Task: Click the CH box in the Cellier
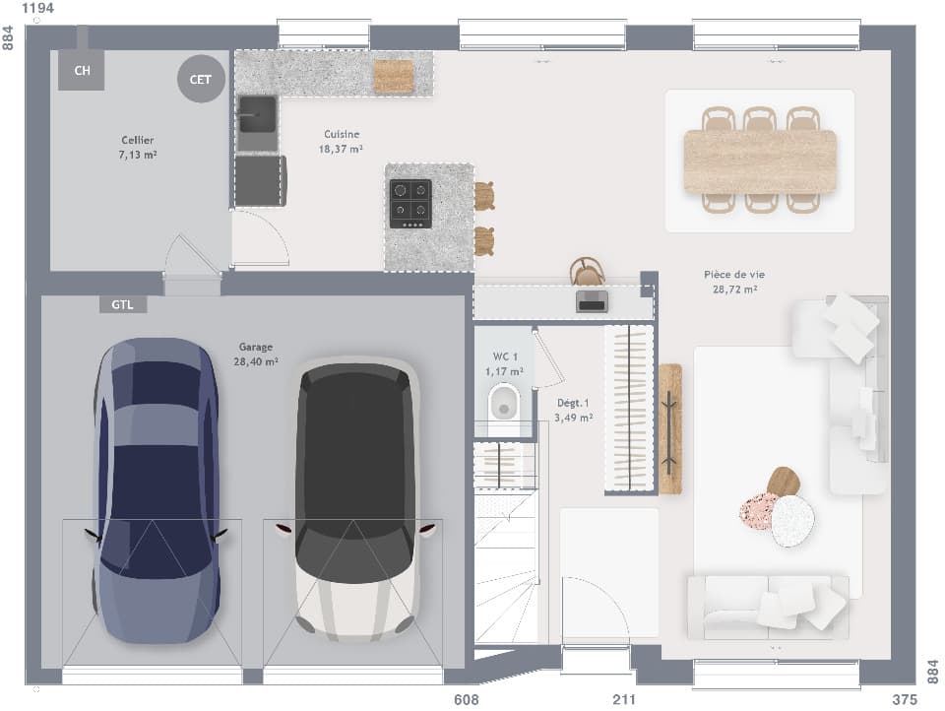click(82, 70)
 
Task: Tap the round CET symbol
click(200, 79)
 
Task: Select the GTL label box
click(123, 305)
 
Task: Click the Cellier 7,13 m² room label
click(138, 148)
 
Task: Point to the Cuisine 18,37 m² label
click(342, 142)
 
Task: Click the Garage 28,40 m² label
click(255, 355)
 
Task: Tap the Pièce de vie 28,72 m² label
click(734, 282)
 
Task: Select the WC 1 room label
click(504, 363)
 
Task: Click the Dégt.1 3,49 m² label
click(574, 410)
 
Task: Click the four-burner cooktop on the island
click(410, 203)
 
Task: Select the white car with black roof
click(355, 500)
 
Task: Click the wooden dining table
click(760, 162)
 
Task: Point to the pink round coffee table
click(759, 510)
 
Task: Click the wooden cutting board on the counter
click(394, 77)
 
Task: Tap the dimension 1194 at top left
click(37, 9)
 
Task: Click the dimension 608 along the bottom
click(467, 700)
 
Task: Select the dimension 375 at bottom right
click(903, 700)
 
